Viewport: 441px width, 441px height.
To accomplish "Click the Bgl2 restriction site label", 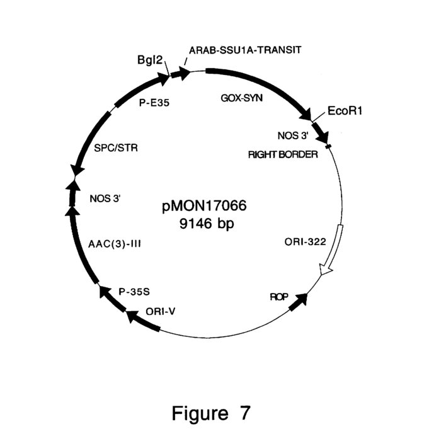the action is (150, 60).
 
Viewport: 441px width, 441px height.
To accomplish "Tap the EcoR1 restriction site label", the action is (345, 111).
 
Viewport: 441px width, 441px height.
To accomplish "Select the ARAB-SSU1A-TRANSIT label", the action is (245, 50).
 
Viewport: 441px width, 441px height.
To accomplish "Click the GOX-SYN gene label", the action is (241, 98).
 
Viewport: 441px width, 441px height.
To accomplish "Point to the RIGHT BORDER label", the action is (283, 154).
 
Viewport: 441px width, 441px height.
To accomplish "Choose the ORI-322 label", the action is (305, 241).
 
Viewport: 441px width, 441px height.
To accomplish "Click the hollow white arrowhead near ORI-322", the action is (326, 270).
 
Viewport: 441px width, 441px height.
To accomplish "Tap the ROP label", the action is (279, 297).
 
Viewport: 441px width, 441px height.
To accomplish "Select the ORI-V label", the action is (161, 311).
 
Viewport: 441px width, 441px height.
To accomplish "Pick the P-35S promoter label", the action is (134, 292).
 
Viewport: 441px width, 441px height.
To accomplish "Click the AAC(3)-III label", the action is (115, 244).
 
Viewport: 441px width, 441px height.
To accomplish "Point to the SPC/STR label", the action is (116, 147).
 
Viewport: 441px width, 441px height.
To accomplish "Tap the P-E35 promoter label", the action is (154, 103).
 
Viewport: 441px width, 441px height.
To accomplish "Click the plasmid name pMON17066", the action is (204, 206).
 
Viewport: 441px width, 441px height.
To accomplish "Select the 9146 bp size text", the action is (207, 224).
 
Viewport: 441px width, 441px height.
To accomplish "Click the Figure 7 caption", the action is (211, 413).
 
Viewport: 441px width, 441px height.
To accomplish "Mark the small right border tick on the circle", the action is (328, 146).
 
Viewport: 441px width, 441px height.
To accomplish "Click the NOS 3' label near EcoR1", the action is (293, 135).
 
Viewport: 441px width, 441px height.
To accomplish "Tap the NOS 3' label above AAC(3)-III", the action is (105, 198).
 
